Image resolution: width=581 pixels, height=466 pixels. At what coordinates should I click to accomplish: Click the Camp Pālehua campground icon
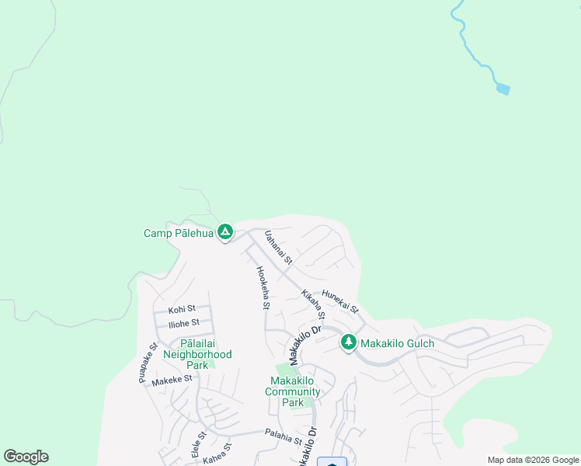[225, 231]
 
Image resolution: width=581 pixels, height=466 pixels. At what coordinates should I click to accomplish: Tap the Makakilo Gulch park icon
[349, 343]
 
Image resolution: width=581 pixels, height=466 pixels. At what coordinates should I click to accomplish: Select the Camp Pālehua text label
[178, 233]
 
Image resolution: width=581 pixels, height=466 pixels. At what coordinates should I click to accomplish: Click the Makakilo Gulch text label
[398, 343]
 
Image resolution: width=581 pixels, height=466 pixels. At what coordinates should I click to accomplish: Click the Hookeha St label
[263, 287]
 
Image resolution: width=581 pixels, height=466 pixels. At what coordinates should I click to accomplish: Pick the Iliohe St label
[184, 322]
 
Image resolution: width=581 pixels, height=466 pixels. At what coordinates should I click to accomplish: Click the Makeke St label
[172, 380]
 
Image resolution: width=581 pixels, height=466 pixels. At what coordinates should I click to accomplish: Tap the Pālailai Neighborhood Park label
[197, 354]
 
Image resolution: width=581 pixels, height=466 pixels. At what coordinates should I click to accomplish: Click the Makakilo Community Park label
[293, 391]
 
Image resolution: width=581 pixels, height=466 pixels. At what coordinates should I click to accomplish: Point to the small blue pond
[503, 89]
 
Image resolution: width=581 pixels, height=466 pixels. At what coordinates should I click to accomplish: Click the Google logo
[26, 457]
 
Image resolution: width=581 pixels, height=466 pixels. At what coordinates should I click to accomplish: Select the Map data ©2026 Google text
[533, 460]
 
